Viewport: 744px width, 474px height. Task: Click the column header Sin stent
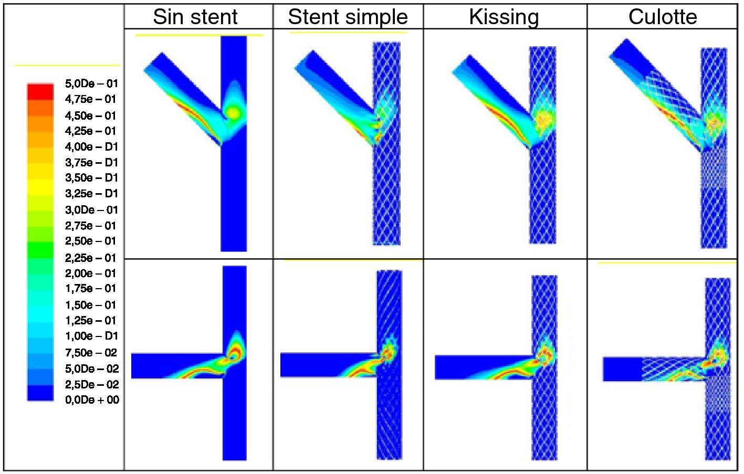click(x=195, y=17)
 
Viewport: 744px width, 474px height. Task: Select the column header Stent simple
click(x=348, y=17)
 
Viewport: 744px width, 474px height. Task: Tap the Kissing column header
click(x=504, y=17)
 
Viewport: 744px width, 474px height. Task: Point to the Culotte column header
click(x=663, y=17)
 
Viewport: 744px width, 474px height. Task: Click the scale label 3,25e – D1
click(x=91, y=194)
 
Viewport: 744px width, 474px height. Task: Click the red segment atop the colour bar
click(x=40, y=91)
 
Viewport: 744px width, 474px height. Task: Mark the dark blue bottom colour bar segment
click(x=40, y=393)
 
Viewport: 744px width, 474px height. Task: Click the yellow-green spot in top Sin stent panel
click(x=233, y=113)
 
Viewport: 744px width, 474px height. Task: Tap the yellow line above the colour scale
click(x=67, y=66)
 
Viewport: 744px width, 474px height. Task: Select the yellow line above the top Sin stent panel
click(x=198, y=35)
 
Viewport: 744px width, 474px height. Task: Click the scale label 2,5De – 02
click(x=91, y=384)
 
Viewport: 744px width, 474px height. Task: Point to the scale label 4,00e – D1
click(x=91, y=146)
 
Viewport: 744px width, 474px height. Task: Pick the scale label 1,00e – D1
click(x=91, y=336)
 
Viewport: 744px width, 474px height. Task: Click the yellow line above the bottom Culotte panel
click(x=667, y=263)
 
